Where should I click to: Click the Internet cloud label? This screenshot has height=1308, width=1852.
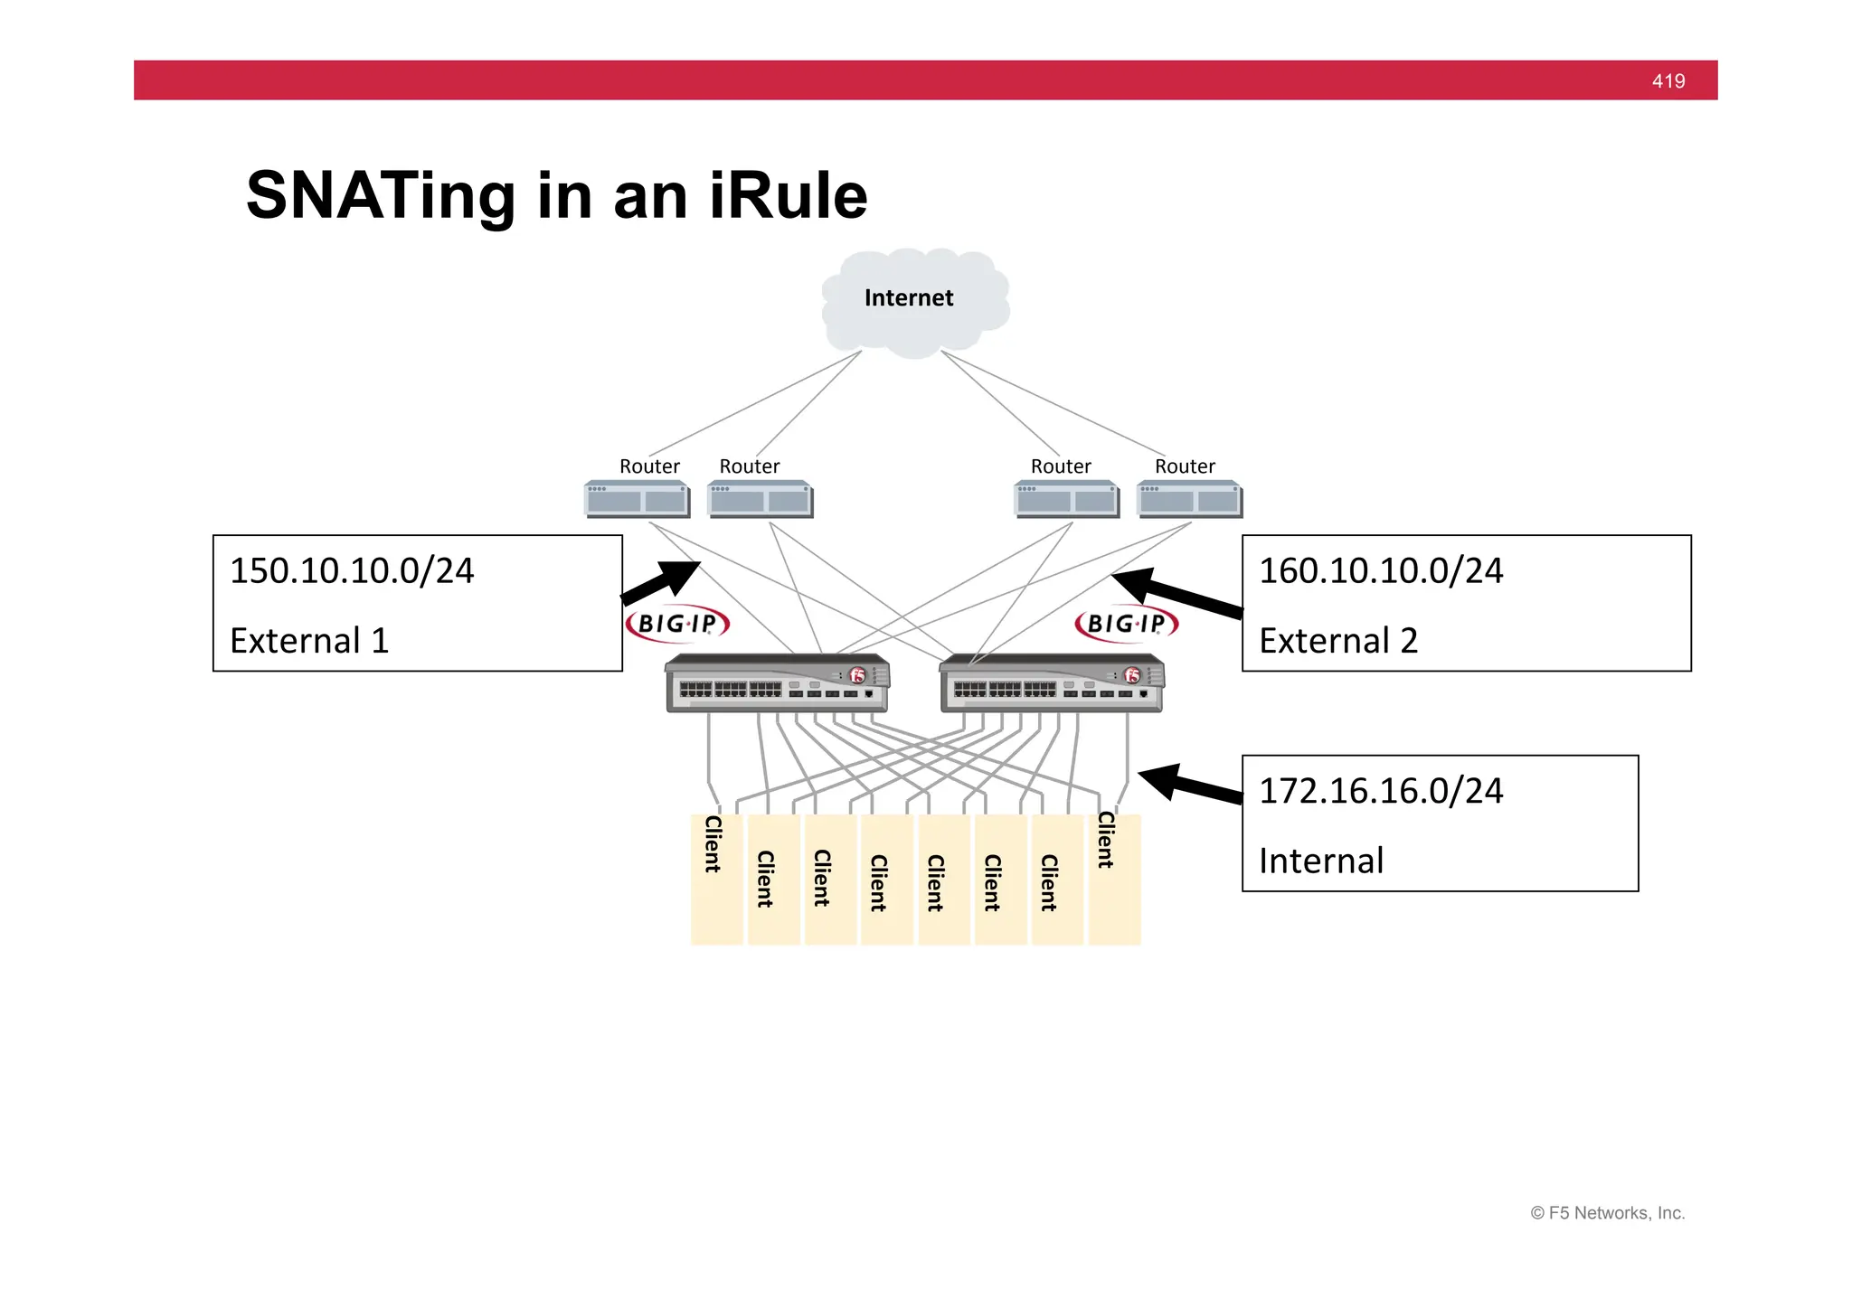908,298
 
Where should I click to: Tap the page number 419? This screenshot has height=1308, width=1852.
1668,81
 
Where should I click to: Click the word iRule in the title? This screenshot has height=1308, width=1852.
789,195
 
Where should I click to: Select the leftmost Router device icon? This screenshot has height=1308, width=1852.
637,499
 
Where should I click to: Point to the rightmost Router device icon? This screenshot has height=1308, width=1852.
1190,499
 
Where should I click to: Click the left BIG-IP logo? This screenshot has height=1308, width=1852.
677,624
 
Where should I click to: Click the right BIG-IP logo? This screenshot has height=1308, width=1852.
1127,624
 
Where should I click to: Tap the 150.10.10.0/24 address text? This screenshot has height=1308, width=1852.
352,571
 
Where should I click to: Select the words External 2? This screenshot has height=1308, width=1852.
1337,641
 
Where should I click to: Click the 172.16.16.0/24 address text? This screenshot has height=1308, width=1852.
1380,791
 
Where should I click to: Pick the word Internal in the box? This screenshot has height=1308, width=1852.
1320,861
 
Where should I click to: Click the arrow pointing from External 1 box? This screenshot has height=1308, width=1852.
661,582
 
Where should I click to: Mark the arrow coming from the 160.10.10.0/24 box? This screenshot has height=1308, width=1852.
1176,593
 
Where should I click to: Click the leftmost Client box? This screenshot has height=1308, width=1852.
716,880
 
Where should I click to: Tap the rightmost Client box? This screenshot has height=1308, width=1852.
1114,880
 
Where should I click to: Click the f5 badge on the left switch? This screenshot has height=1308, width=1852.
857,675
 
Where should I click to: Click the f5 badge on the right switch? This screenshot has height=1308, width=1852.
1132,675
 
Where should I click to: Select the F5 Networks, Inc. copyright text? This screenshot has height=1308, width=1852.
1607,1213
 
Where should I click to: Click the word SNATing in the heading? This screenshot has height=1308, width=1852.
380,195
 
